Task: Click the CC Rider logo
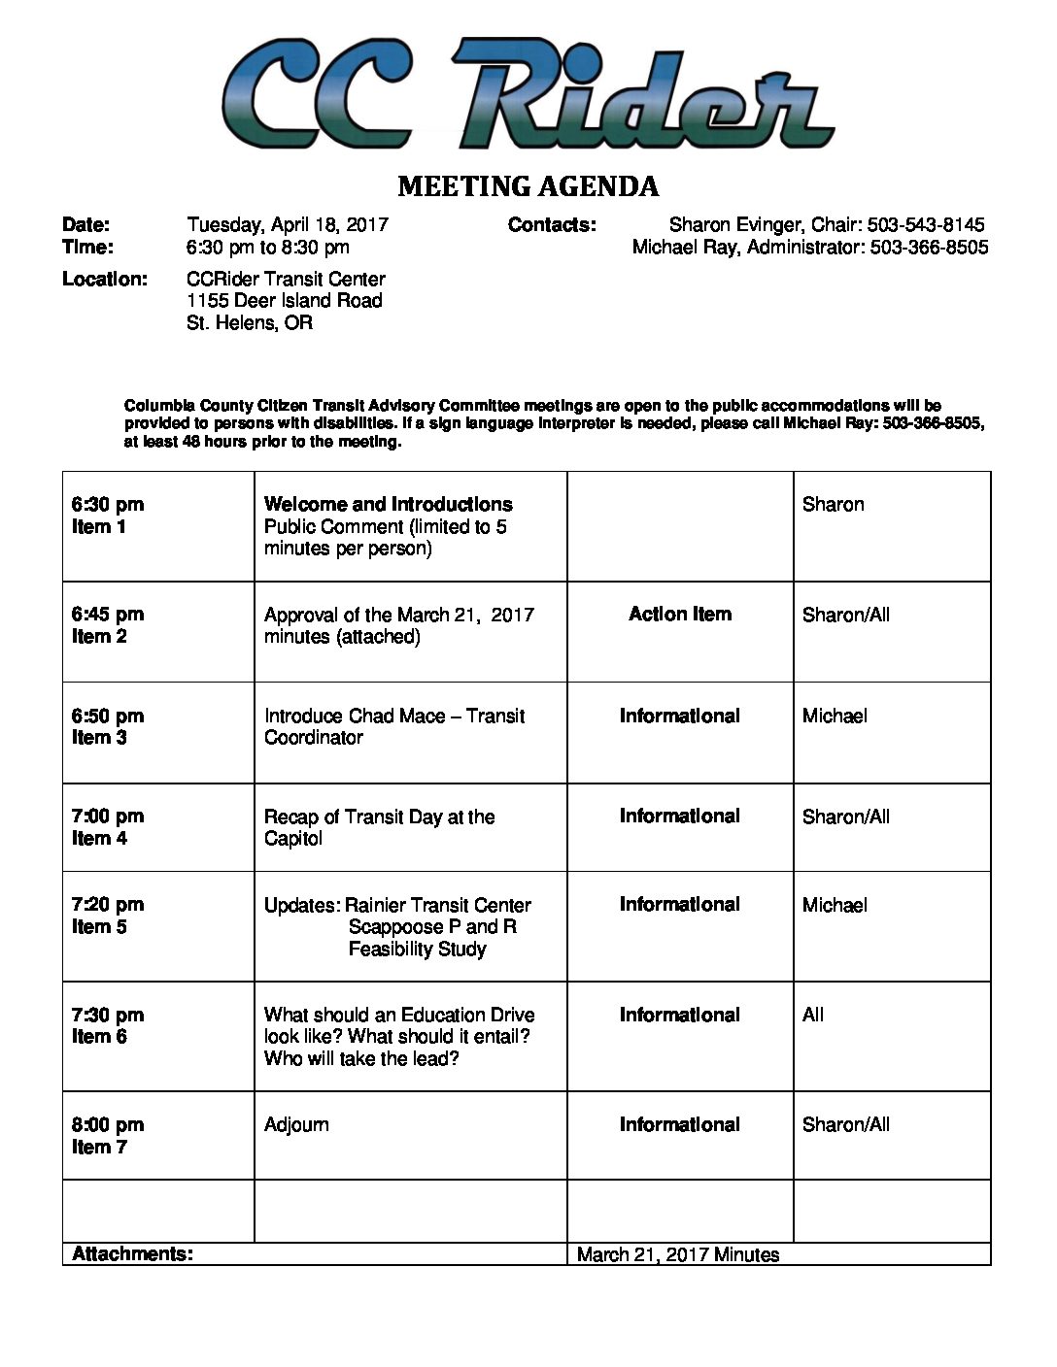(x=528, y=94)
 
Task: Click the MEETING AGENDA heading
(x=528, y=186)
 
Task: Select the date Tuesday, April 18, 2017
(x=288, y=225)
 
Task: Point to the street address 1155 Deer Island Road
(x=285, y=301)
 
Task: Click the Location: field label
(x=105, y=280)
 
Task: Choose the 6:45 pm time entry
(x=108, y=615)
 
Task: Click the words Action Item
(x=680, y=615)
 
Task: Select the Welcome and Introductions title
(x=388, y=505)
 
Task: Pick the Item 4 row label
(x=99, y=839)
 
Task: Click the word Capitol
(x=292, y=839)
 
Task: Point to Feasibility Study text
(x=418, y=950)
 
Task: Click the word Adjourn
(x=296, y=1125)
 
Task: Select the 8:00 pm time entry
(x=108, y=1125)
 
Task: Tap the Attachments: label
(x=132, y=1254)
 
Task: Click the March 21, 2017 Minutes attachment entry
(x=678, y=1255)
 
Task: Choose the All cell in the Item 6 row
(x=813, y=1016)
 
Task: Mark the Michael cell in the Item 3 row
(x=835, y=717)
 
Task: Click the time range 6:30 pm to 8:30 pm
(x=268, y=248)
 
